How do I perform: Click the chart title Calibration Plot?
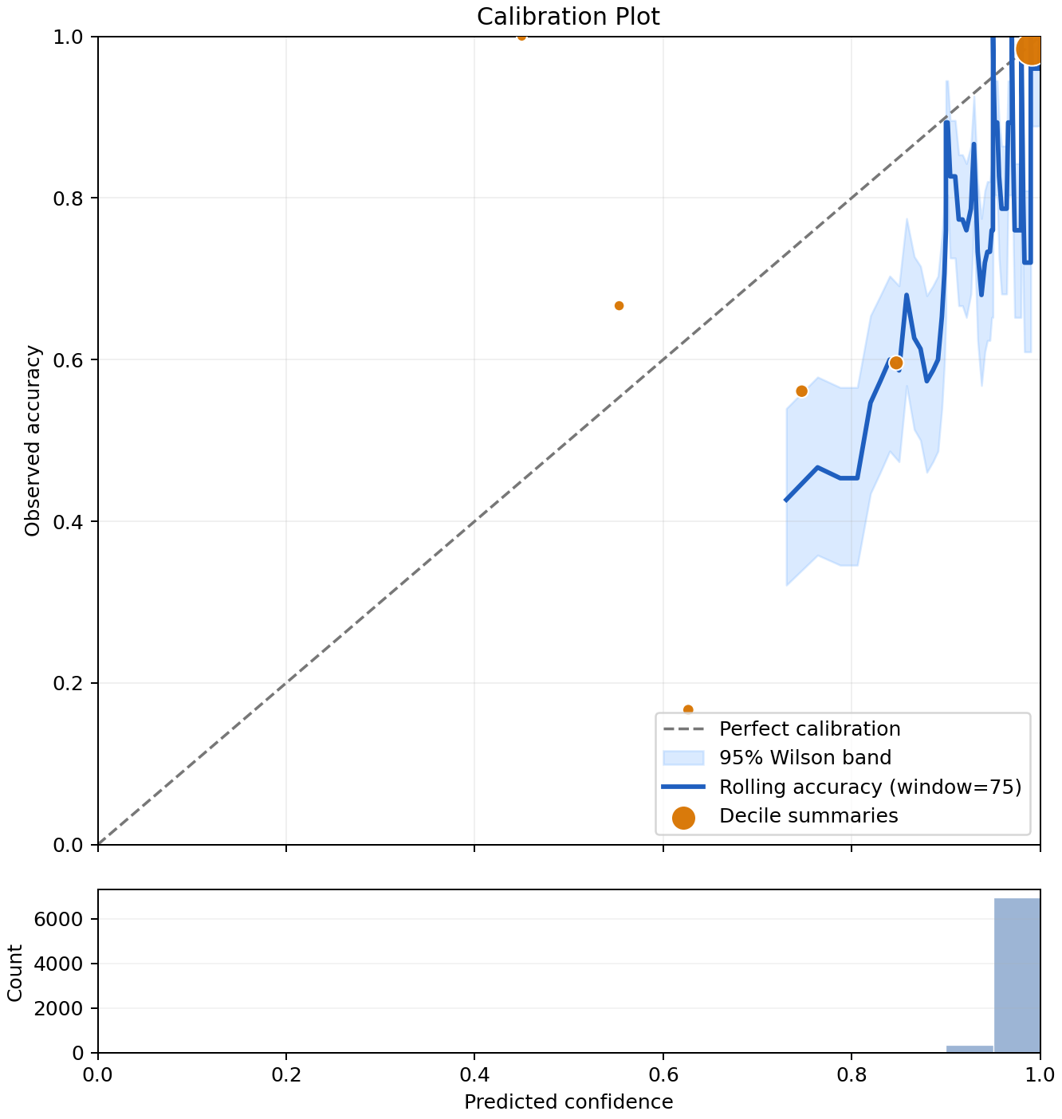(x=568, y=17)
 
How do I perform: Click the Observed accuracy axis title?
(x=33, y=441)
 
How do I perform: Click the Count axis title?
(x=14, y=972)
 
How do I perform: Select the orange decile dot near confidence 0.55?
(x=619, y=305)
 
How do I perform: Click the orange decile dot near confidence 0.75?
(x=801, y=391)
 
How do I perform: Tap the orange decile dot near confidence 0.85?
(x=895, y=363)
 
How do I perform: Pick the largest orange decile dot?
(x=1030, y=49)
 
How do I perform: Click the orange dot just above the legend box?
(x=688, y=709)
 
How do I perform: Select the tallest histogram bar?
(x=1017, y=975)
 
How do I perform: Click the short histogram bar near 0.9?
(x=970, y=1049)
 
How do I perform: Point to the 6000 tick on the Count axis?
(x=58, y=919)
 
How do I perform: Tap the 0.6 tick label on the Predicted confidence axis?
(x=663, y=1074)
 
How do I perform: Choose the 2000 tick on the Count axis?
(x=58, y=1008)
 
